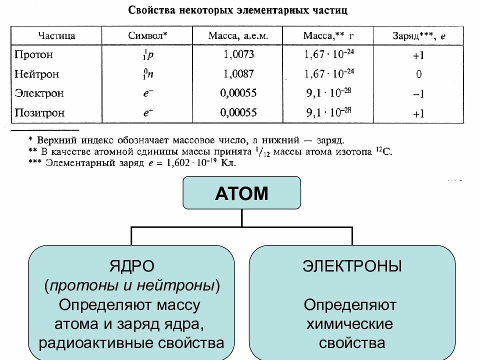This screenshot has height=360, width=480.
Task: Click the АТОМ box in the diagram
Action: coord(242,193)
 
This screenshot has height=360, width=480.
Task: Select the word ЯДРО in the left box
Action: coord(131,265)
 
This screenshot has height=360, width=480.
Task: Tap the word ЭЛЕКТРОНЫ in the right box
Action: coord(352,265)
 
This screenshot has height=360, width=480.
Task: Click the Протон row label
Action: coord(34,54)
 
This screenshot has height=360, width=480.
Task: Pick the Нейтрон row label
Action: coord(37,74)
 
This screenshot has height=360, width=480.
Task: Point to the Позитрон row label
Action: coord(39,112)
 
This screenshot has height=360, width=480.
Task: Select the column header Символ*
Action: coord(147,35)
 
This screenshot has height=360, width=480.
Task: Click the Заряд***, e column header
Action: coord(419,35)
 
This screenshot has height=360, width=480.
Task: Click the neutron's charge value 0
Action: coord(419,74)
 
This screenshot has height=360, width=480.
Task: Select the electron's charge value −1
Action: coord(419,94)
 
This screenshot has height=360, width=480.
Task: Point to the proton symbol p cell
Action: coord(148,55)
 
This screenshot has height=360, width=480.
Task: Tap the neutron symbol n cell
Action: coord(148,74)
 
